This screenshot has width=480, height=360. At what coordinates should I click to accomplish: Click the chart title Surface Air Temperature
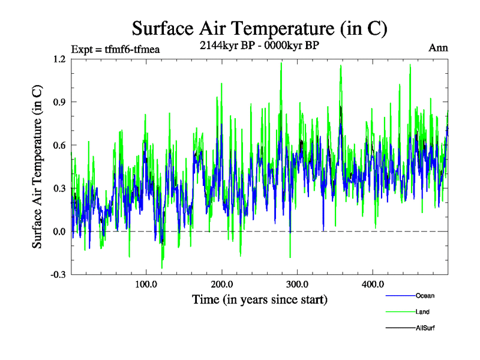pyautogui.click(x=259, y=28)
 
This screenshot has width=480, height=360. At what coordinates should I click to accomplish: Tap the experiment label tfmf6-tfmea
pyautogui.click(x=115, y=49)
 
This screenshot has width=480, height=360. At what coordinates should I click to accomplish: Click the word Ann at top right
pyautogui.click(x=438, y=47)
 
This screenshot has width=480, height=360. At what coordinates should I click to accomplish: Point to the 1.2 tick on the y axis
pyautogui.click(x=59, y=59)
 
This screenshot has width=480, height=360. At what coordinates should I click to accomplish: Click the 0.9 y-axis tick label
pyautogui.click(x=59, y=102)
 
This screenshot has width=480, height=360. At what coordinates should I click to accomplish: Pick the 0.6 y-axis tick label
pyautogui.click(x=59, y=145)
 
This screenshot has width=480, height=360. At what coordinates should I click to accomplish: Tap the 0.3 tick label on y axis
pyautogui.click(x=59, y=188)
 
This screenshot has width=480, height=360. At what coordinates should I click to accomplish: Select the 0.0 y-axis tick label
pyautogui.click(x=59, y=232)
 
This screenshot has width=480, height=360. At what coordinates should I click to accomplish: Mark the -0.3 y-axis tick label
pyautogui.click(x=58, y=275)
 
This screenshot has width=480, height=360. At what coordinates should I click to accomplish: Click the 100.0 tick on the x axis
pyautogui.click(x=146, y=284)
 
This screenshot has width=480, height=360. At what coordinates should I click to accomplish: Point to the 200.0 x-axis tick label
pyautogui.click(x=222, y=284)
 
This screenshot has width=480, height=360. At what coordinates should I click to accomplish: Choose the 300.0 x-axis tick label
pyautogui.click(x=298, y=284)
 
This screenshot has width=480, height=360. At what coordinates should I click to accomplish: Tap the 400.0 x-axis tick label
pyautogui.click(x=373, y=284)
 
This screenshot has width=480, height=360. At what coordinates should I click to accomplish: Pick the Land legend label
pyautogui.click(x=422, y=312)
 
